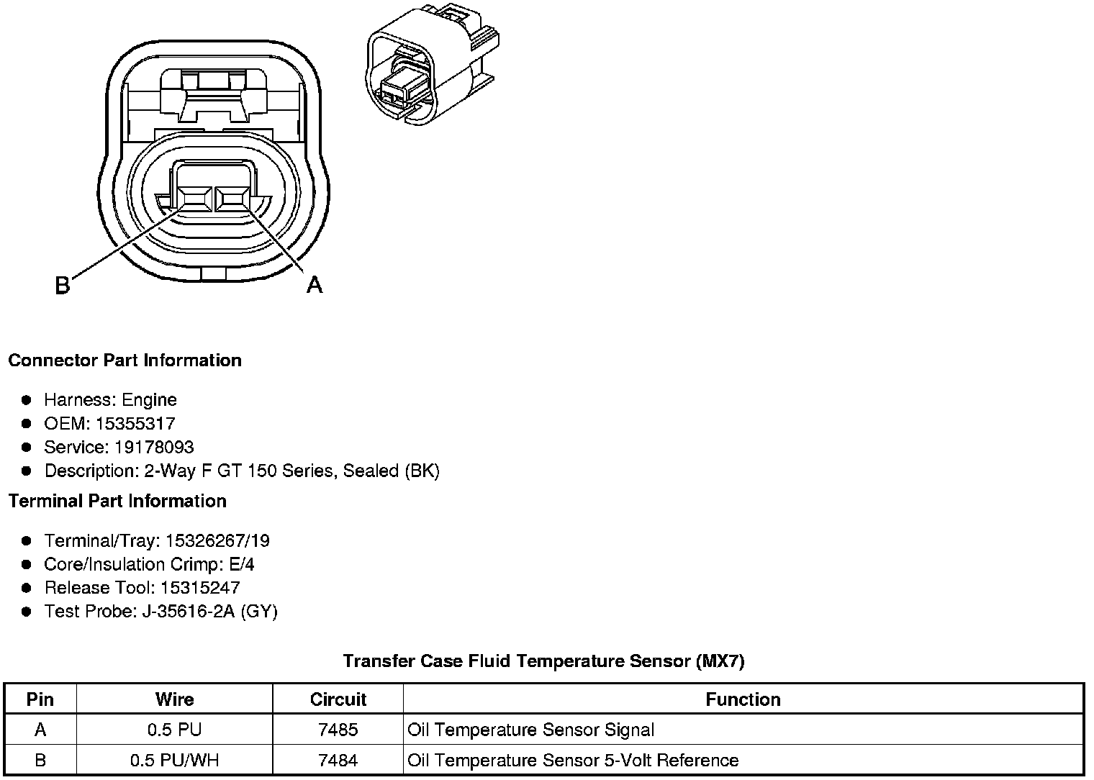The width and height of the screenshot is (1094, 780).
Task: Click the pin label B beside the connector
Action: pyautogui.click(x=63, y=286)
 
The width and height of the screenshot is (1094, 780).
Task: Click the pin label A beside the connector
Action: pyautogui.click(x=315, y=285)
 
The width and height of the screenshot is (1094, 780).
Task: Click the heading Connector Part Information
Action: pyautogui.click(x=125, y=360)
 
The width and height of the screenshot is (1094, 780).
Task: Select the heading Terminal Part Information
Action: pyautogui.click(x=117, y=501)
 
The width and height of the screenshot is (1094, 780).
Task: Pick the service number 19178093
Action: pyautogui.click(x=154, y=447)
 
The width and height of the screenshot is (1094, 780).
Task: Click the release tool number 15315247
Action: pyautogui.click(x=200, y=587)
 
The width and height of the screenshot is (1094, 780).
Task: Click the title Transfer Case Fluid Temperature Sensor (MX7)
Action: pyautogui.click(x=543, y=661)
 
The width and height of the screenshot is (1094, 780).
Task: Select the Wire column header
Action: pyautogui.click(x=174, y=699)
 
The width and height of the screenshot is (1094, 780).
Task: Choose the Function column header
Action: pyautogui.click(x=743, y=699)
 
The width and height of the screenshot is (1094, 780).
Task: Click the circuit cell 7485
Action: pyautogui.click(x=338, y=730)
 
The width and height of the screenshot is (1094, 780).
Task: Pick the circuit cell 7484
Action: pyautogui.click(x=338, y=760)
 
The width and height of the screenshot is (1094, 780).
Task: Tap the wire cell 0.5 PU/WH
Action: pyautogui.click(x=174, y=760)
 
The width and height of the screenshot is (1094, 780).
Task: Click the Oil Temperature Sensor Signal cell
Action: pyautogui.click(x=531, y=730)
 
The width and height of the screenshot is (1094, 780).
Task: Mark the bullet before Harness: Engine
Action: pyautogui.click(x=27, y=399)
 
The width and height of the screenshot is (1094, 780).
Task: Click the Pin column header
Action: pyautogui.click(x=40, y=699)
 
